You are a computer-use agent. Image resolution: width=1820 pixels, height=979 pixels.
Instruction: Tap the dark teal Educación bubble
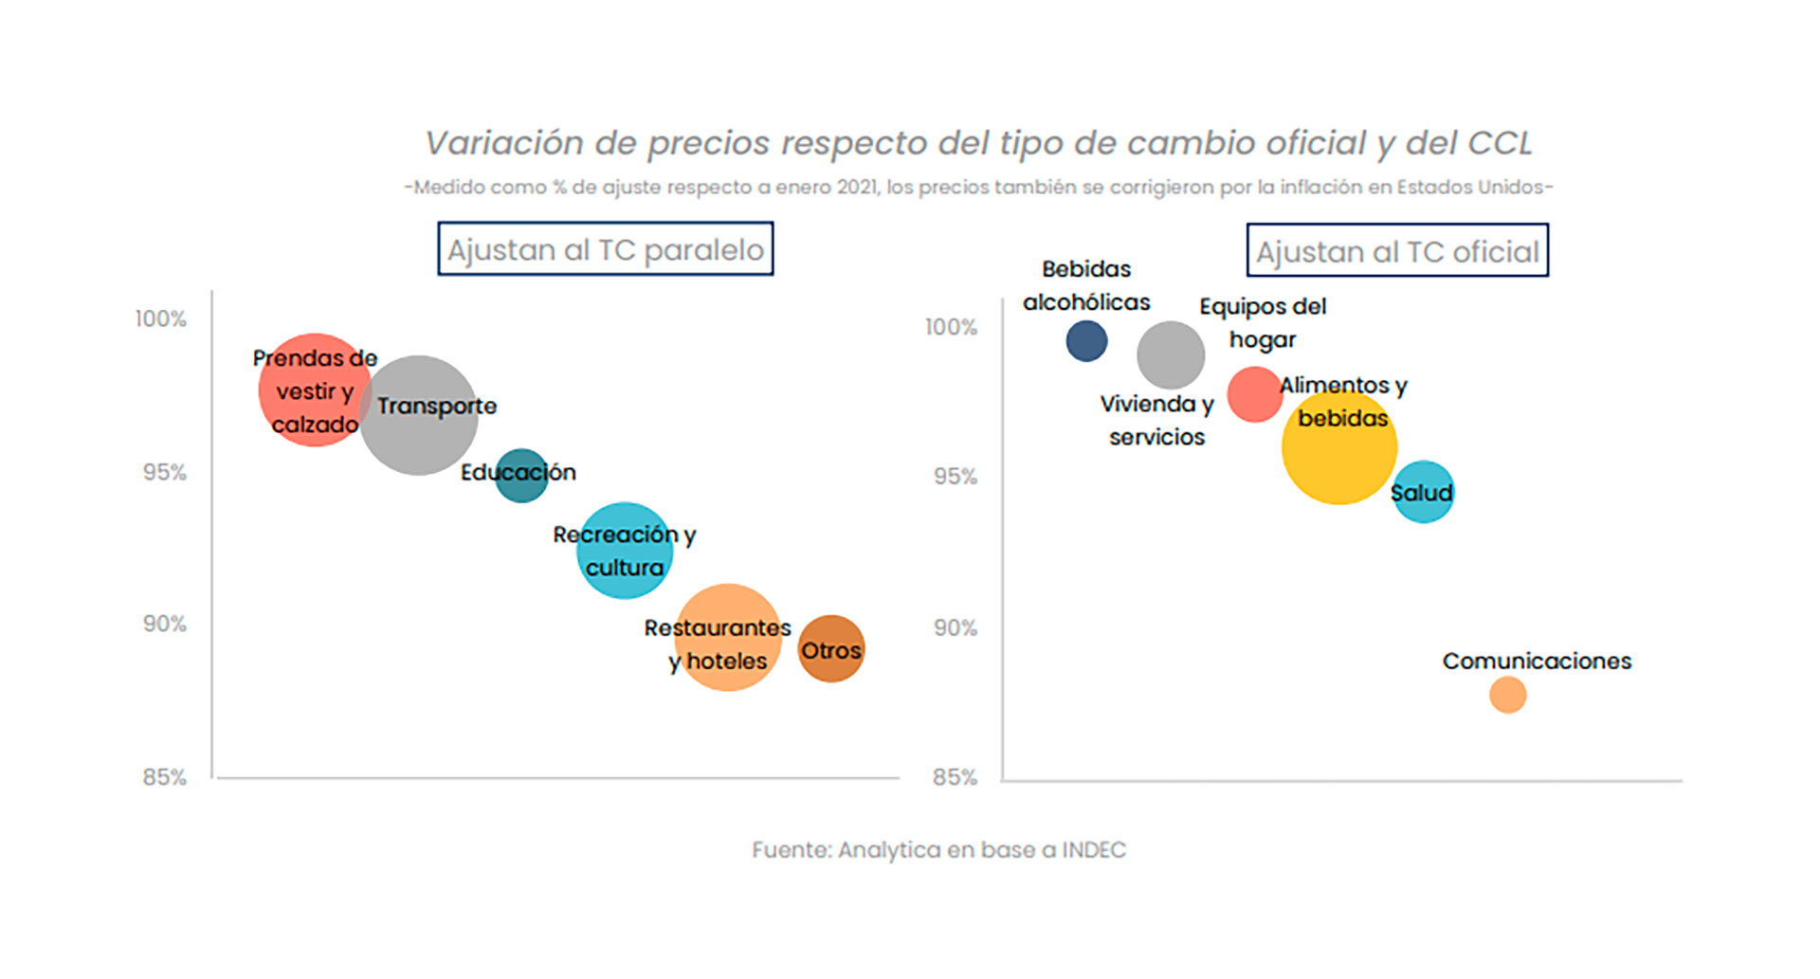(521, 475)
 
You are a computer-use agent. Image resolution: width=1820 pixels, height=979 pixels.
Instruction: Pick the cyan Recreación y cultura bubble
(625, 551)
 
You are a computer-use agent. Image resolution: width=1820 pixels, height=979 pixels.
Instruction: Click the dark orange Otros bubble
(831, 649)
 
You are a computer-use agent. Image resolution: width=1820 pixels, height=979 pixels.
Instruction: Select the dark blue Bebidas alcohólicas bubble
(1086, 341)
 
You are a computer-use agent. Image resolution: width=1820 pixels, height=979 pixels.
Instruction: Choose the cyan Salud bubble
(1423, 492)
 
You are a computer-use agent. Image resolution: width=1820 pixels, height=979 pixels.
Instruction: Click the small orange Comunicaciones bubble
(1507, 695)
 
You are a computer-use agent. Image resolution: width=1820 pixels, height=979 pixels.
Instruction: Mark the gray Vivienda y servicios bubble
(1171, 355)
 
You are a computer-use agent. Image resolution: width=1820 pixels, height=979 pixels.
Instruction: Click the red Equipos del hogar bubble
(1254, 394)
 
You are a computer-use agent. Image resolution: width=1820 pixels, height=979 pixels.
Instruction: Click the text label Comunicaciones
(1537, 662)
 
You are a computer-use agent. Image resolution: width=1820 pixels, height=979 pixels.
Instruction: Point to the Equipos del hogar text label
(1263, 323)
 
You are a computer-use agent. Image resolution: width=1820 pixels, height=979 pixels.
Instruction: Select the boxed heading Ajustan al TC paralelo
(605, 249)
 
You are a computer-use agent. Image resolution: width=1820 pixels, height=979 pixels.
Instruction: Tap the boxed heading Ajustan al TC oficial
(1397, 251)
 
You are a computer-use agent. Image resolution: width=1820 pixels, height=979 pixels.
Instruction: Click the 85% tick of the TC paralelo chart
(165, 777)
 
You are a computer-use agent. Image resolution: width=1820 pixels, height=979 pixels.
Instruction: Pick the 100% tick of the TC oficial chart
(951, 327)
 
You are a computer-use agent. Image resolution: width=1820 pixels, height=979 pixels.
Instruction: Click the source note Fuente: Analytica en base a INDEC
(938, 850)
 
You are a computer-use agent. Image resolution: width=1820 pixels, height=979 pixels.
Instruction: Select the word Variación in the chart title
(502, 143)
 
